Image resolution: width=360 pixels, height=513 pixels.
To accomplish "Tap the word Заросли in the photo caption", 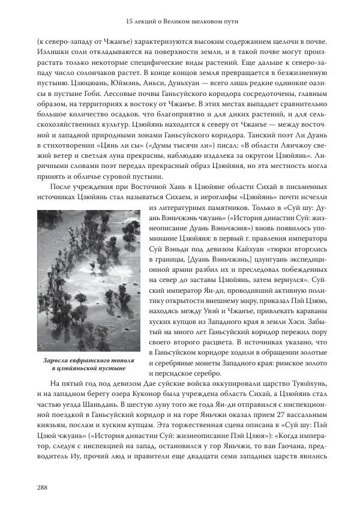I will pos(57,361).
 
